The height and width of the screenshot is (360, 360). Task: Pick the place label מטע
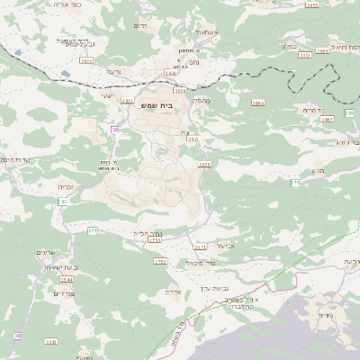coord(317,169)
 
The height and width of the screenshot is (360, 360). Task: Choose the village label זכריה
coord(66,186)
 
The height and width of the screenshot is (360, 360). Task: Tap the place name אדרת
coord(175,292)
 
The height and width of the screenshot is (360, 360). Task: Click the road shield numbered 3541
coord(50,342)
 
